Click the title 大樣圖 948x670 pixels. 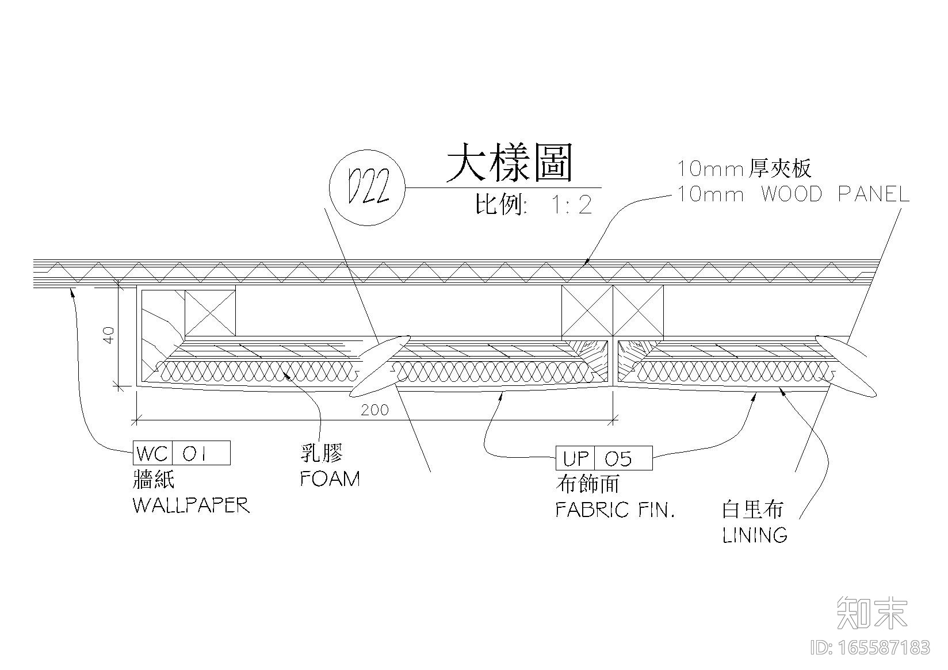point(510,163)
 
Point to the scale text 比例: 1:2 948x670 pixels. point(534,205)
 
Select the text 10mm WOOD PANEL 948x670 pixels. point(793,195)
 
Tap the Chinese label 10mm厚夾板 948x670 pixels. point(744,169)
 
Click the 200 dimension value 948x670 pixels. point(374,409)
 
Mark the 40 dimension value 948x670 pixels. point(109,335)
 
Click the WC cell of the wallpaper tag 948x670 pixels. point(152,453)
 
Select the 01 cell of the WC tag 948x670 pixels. point(201,453)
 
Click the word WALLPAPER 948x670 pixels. point(192,505)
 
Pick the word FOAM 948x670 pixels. point(330,478)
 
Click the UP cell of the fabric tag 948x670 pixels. point(575,458)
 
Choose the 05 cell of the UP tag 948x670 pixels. point(624,458)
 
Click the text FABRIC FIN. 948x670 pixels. point(614,510)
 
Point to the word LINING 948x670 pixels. point(755,535)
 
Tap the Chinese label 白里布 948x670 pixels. point(752,509)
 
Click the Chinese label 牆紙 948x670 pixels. point(154,480)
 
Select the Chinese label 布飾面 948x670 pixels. point(587,484)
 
